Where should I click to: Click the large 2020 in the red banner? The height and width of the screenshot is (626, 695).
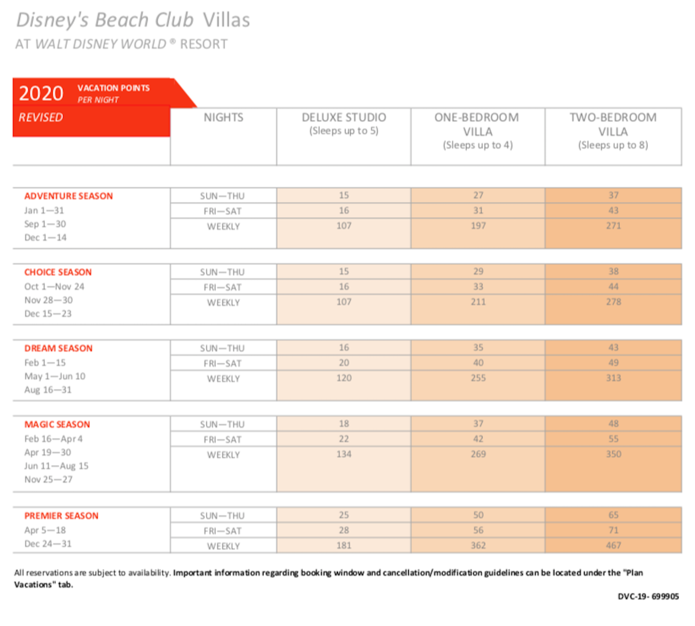coord(41,93)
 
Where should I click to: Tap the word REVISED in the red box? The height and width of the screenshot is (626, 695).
coord(41,118)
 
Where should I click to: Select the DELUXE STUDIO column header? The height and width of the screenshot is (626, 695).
coord(344,118)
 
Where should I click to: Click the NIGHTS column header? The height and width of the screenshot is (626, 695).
coord(223,118)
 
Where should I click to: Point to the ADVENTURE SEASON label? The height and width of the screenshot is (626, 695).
coord(68,196)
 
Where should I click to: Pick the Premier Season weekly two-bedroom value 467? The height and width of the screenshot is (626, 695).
coord(613,546)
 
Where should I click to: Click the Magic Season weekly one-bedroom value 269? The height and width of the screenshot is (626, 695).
coord(478,454)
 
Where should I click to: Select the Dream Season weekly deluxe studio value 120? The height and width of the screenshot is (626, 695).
coord(344,378)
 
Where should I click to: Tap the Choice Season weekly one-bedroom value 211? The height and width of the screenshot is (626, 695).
coord(478,302)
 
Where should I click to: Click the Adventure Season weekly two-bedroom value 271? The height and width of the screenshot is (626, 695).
coord(613,226)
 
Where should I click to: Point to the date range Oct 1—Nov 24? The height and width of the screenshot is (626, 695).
coord(55,287)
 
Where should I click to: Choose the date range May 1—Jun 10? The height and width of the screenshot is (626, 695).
coord(55,376)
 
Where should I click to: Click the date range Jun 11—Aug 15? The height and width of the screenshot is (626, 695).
coord(57,466)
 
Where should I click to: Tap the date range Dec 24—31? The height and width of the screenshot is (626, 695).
coord(48,544)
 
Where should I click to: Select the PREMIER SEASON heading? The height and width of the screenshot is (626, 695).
coord(61,516)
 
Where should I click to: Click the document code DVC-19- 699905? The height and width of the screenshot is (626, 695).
coord(648,597)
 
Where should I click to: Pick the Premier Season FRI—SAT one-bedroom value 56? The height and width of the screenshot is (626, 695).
coord(478,530)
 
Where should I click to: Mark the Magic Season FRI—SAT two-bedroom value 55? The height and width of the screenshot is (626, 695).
coord(613,439)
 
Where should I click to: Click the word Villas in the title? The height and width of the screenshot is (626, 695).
coord(226,20)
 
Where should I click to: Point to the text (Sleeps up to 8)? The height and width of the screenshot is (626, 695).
coord(613,145)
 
